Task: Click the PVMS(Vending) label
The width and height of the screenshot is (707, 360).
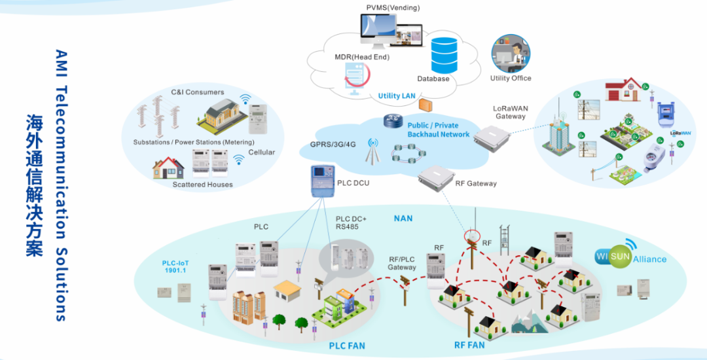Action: click(393, 7)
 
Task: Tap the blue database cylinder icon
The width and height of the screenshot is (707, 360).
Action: click(444, 55)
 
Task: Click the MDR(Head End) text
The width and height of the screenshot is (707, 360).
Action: click(362, 57)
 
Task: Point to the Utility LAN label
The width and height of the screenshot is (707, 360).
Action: click(397, 96)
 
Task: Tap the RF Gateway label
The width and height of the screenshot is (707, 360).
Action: click(476, 183)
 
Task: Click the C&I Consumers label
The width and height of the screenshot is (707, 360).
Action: click(197, 92)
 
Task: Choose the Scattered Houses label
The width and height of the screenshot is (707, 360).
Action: click(202, 185)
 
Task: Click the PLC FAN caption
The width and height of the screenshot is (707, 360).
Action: click(347, 345)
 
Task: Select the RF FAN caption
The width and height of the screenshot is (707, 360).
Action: click(469, 345)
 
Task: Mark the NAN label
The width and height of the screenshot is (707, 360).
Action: click(403, 217)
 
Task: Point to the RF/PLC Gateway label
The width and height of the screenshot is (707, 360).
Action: click(402, 262)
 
